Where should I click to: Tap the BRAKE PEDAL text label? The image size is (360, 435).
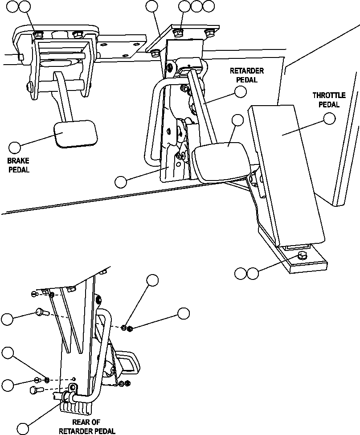click(x=18, y=165)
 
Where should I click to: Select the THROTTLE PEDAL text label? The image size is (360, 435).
click(x=326, y=100)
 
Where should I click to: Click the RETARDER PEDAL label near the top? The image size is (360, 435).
click(x=246, y=75)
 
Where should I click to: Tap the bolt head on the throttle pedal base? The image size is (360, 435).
click(x=302, y=256)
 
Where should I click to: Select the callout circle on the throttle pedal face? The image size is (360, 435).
click(x=329, y=119)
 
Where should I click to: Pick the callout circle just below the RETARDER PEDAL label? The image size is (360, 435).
click(x=241, y=91)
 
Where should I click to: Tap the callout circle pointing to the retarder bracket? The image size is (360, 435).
click(x=120, y=181)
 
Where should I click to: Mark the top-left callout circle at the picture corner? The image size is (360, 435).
click(x=14, y=6)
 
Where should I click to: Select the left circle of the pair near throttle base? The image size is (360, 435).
click(x=241, y=273)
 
